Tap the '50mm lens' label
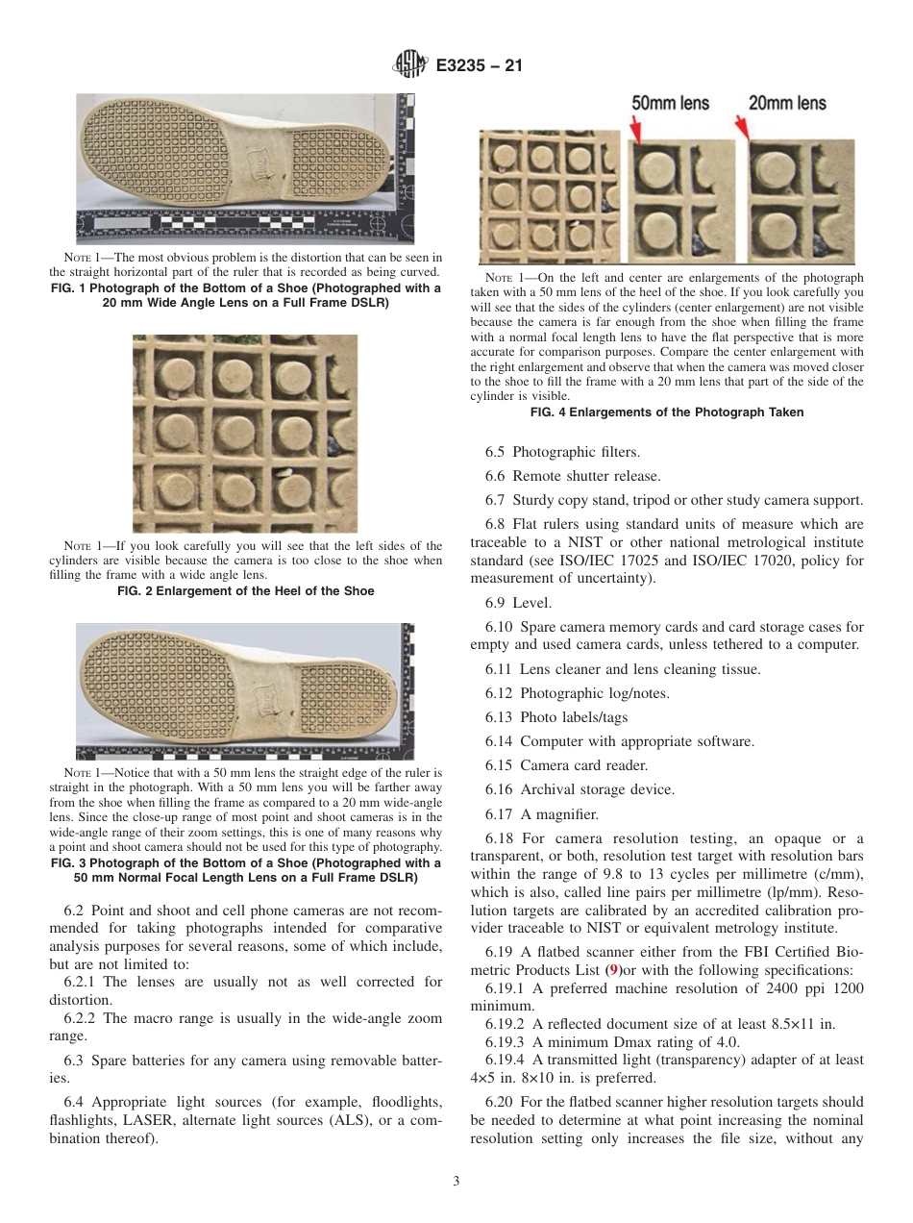coord(669,103)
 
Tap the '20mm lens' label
coord(786,103)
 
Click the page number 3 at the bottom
coord(456,1182)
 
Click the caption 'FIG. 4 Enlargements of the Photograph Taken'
coord(667,412)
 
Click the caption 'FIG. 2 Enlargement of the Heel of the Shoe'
coord(245,590)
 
